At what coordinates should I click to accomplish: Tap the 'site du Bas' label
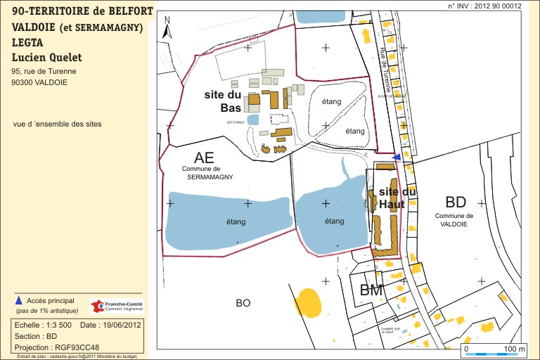click(x=223, y=101)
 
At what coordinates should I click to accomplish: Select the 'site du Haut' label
click(x=397, y=198)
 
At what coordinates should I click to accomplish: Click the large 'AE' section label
click(x=204, y=157)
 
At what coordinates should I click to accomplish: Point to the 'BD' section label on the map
click(x=456, y=202)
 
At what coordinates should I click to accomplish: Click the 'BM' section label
click(x=371, y=290)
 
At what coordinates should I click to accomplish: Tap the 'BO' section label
click(x=243, y=303)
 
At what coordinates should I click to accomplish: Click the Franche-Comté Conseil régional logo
click(x=116, y=307)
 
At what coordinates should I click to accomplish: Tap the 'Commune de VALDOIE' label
click(x=454, y=219)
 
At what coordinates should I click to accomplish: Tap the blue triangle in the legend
click(x=18, y=300)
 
